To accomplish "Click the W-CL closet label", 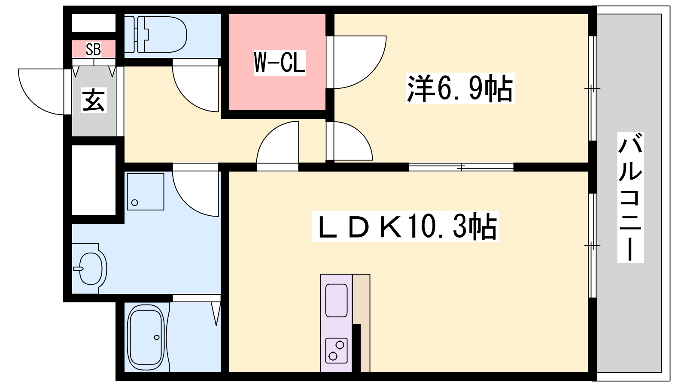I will [x=280, y=63].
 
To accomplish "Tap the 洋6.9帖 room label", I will [x=460, y=88].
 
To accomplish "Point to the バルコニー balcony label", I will [x=630, y=197].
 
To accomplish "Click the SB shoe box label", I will [x=93, y=49].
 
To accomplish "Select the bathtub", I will [x=146, y=337].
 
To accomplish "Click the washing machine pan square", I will [x=146, y=192].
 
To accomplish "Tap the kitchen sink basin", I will [x=336, y=300].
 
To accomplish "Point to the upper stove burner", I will [x=340, y=344].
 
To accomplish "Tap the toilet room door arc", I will [x=191, y=92].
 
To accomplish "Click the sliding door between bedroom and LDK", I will [x=461, y=167].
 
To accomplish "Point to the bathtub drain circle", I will [x=157, y=338].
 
